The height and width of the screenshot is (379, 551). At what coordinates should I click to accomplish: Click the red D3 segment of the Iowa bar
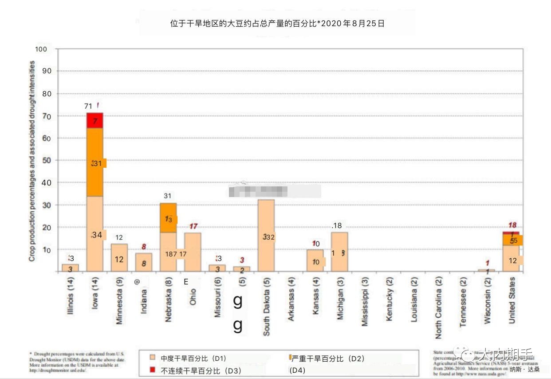point(94,120)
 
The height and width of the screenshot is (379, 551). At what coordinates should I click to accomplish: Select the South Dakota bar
point(266,235)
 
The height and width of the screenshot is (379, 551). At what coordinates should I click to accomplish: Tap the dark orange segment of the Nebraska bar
point(168,218)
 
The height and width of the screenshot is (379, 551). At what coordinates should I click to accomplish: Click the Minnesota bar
point(119,257)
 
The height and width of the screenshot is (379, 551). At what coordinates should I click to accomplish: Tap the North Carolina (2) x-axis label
point(438,308)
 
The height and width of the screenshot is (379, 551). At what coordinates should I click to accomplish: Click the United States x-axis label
point(512,300)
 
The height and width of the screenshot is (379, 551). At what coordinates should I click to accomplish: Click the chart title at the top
point(277,24)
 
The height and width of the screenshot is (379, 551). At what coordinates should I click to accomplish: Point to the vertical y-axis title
point(32,161)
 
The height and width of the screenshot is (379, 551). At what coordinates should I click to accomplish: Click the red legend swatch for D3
point(153,370)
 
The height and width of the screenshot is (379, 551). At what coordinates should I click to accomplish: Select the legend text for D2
point(328,359)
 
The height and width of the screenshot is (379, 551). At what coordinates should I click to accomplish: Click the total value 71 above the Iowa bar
point(88,106)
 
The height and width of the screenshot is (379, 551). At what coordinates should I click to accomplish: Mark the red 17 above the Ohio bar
point(193,226)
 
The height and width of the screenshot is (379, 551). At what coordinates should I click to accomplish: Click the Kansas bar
point(315,261)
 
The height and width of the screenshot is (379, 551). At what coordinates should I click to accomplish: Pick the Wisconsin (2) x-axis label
point(487,301)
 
